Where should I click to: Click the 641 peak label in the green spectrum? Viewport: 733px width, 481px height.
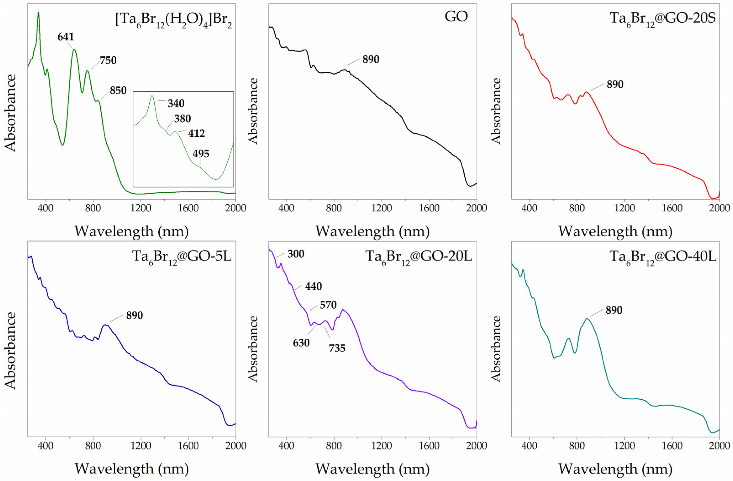(66, 37)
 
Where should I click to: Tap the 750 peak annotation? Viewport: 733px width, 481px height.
(108, 60)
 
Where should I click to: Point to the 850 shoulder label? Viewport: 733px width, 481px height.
(118, 91)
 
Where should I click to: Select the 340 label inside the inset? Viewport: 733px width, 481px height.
(176, 104)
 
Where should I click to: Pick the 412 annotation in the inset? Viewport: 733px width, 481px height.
(196, 133)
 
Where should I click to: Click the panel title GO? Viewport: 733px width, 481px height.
(456, 16)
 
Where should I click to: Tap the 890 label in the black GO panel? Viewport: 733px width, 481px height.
(370, 60)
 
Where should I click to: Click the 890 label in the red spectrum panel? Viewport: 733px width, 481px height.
(615, 84)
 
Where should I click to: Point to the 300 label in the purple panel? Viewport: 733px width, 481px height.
(296, 254)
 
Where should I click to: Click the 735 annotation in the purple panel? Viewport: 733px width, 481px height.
(337, 348)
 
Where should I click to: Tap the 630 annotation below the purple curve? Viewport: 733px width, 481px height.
(301, 343)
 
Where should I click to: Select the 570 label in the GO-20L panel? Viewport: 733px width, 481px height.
(328, 305)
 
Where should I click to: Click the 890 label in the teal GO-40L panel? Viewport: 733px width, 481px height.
(614, 310)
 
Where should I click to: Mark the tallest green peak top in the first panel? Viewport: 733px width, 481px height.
(39, 13)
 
